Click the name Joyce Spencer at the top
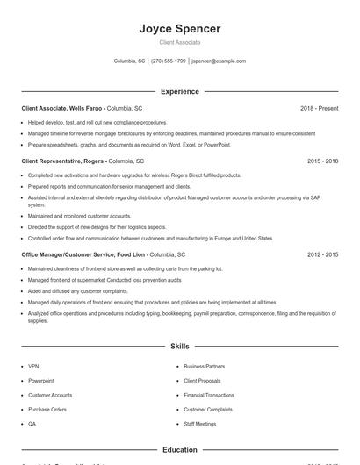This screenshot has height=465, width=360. point(179,29)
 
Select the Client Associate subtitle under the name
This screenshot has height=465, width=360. point(179,42)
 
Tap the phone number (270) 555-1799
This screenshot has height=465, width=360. point(168,61)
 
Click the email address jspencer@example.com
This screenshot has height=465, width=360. point(219,61)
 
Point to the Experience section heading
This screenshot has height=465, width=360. point(179,91)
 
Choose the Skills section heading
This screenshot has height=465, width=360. point(179,347)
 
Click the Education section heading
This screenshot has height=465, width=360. point(179,450)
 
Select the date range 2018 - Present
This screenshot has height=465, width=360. point(319,108)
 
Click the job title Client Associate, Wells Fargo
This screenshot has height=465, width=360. point(62,108)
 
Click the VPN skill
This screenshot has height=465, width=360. point(33,366)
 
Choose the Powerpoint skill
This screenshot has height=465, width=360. point(40,381)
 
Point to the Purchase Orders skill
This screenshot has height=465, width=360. point(47,409)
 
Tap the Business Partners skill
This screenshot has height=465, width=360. point(204,366)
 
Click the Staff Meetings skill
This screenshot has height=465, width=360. point(200,424)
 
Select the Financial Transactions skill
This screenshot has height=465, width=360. point(208,395)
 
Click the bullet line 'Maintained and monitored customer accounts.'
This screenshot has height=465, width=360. point(79,216)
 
